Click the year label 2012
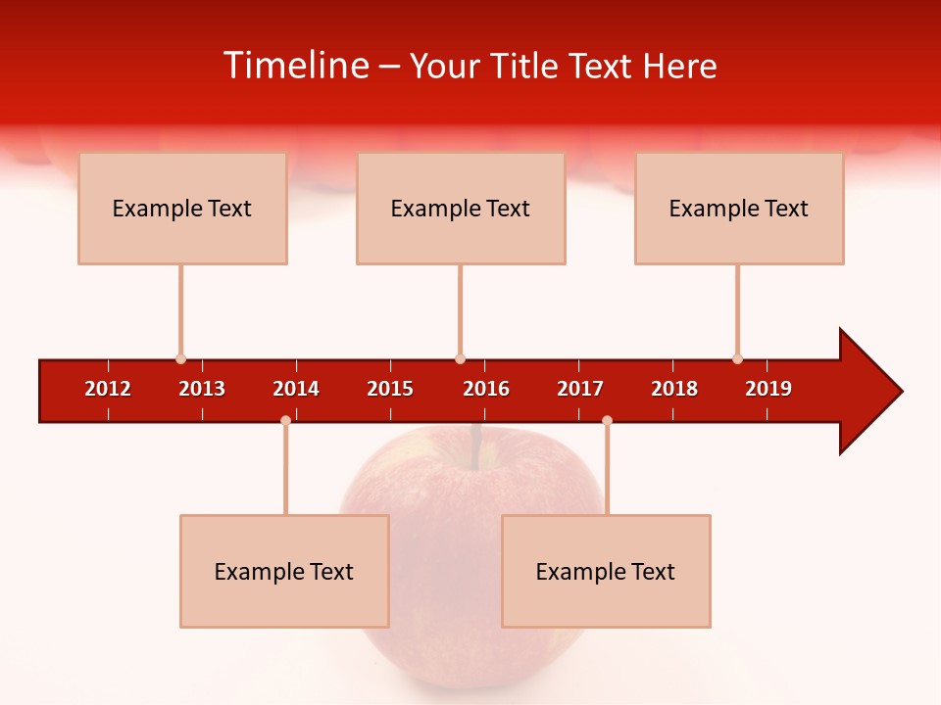pos(108,389)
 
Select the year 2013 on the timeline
pos(202,389)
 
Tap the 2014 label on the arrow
pos(296,389)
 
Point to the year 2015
pos(390,389)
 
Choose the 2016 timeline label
pos(486,389)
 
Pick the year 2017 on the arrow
pos(580,389)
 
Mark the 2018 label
pos(674,389)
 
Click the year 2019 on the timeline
pos(768,389)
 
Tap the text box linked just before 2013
pos(182,208)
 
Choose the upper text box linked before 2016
pos(461,208)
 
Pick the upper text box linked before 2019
pos(739,208)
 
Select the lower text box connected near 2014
pos(284,571)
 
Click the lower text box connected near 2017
pos(606,571)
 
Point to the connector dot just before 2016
pos(460,358)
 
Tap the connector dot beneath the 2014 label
pos(285,420)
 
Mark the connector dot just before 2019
pos(737,358)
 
